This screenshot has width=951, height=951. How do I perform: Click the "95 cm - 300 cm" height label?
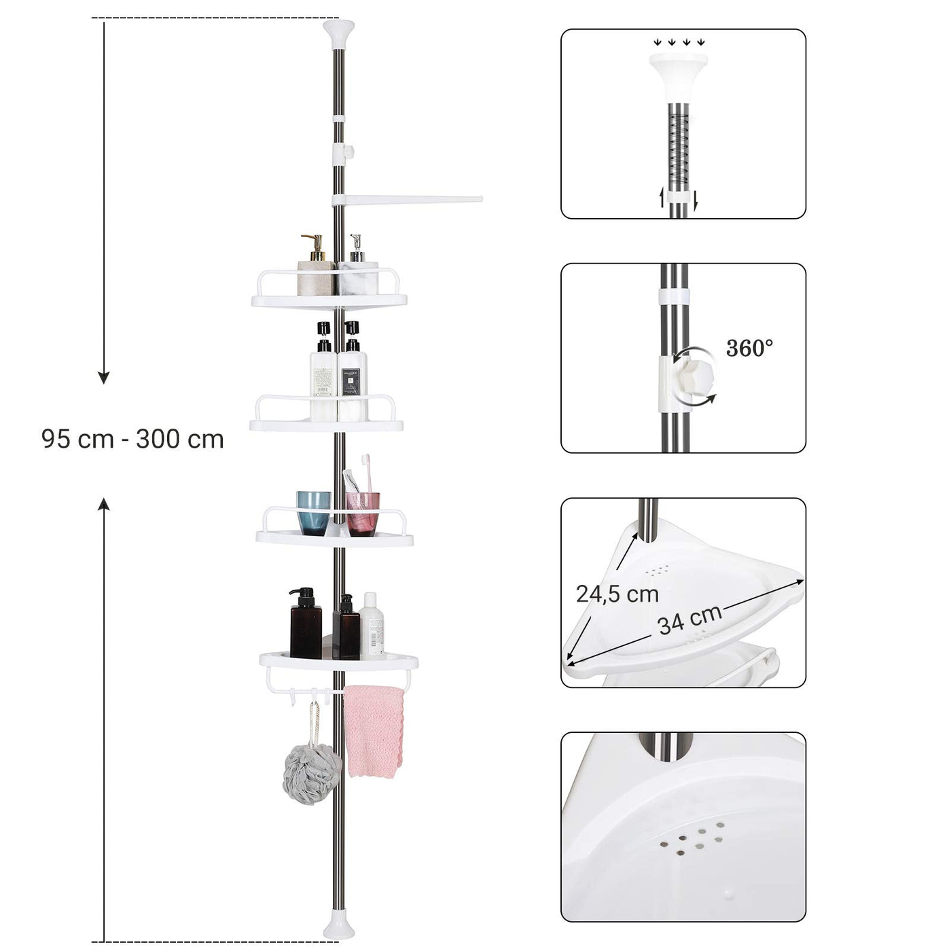click(132, 439)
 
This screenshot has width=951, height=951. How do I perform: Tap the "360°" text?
click(749, 348)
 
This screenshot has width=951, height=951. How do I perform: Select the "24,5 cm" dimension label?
click(617, 594)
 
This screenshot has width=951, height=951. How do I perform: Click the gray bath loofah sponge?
click(311, 775)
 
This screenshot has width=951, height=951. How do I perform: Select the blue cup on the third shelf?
click(313, 514)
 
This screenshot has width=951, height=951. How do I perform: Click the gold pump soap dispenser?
click(316, 266)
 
